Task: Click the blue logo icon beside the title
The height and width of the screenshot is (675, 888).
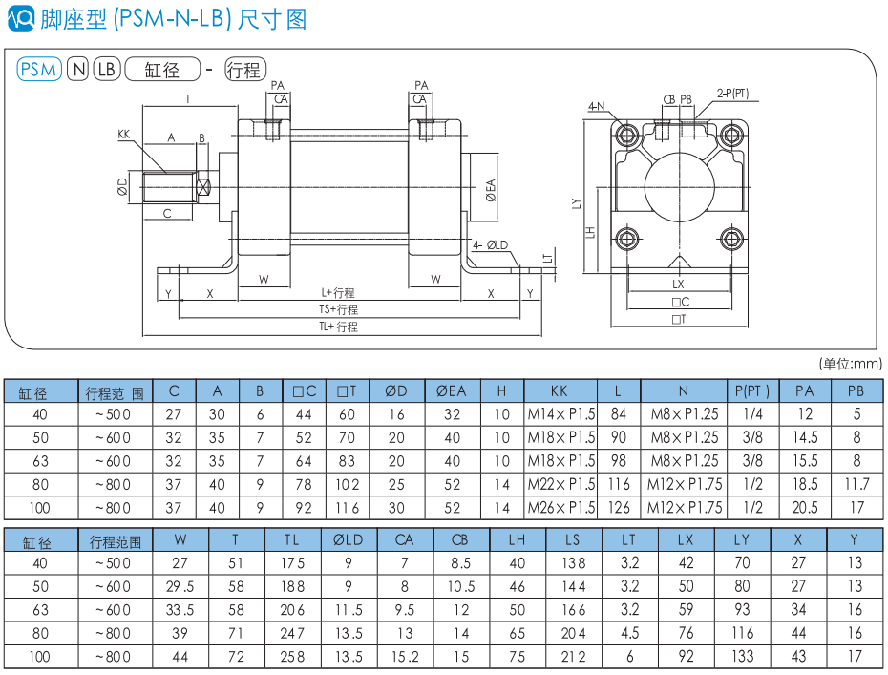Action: pos(20,18)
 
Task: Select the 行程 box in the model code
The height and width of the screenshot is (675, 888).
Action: pos(244,69)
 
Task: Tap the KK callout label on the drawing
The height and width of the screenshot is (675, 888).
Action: pos(124,134)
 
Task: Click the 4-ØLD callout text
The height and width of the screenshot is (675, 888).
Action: pos(491,244)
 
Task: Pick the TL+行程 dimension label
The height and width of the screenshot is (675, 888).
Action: pos(338,327)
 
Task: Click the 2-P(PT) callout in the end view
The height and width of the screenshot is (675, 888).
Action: pos(732,94)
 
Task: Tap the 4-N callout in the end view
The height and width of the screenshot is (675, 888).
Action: pos(596,106)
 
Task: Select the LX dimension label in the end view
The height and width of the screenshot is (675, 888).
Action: pos(678,285)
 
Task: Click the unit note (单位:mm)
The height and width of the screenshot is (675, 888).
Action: pos(851,363)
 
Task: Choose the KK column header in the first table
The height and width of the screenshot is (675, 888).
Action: pos(560,391)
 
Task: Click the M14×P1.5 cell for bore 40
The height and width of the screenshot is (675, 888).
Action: pos(560,414)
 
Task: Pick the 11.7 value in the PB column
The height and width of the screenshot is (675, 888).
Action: pos(856,484)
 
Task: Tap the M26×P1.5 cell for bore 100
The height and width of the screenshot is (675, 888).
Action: pos(560,507)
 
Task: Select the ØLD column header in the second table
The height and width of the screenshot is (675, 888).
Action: pos(349,540)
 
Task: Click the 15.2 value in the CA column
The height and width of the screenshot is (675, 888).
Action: pos(405,656)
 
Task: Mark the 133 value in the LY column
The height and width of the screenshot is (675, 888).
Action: pos(742,656)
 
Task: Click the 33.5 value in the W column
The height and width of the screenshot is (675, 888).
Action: pos(181,609)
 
